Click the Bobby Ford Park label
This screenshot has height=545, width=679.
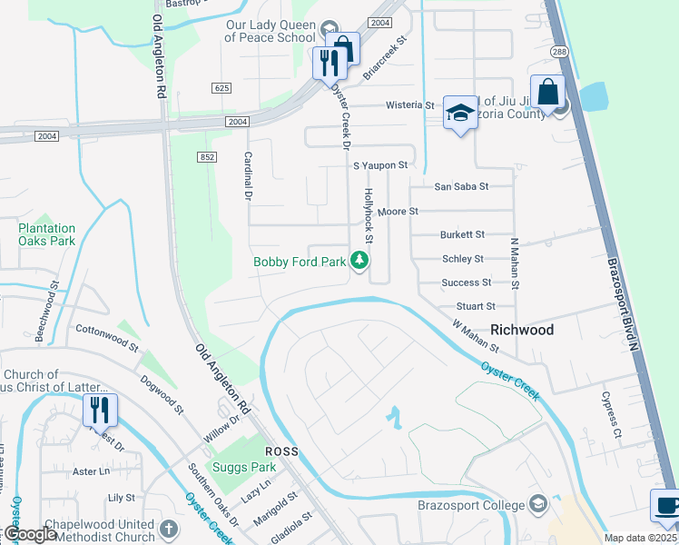[x=300, y=263]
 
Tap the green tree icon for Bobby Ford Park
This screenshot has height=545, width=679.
[x=360, y=262]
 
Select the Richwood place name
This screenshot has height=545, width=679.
[x=522, y=330]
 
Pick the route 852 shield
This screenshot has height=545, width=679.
[x=206, y=157]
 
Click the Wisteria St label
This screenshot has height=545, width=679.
[x=410, y=105]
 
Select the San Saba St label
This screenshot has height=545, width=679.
[x=461, y=186]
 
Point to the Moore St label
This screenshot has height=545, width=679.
[x=398, y=211]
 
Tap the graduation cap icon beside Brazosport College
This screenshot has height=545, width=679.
[x=538, y=504]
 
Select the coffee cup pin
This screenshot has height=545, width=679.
[x=666, y=507]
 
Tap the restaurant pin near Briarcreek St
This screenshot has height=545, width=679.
[x=330, y=63]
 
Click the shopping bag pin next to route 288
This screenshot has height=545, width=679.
[x=547, y=92]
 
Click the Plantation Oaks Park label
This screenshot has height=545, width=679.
[x=47, y=235]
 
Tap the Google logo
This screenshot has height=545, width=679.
[x=30, y=535]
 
